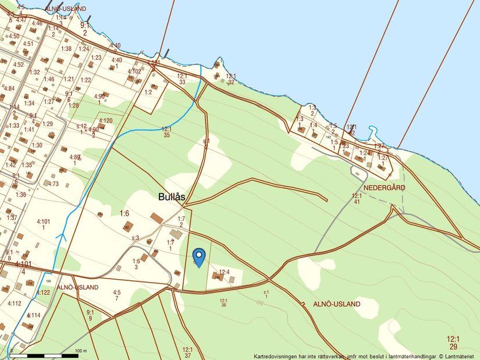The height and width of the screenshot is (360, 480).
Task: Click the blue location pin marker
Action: click(x=199, y=257)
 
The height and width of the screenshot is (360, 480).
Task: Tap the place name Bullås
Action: click(x=172, y=197)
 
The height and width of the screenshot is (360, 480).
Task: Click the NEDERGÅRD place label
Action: click(x=384, y=188)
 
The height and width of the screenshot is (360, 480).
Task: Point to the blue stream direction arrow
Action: click(x=61, y=236)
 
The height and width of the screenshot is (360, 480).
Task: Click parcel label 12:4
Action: click(x=225, y=272)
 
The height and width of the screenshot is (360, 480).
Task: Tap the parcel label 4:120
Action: click(x=105, y=121)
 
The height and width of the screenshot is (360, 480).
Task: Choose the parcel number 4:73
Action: click(x=54, y=184)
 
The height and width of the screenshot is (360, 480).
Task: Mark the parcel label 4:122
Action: click(x=44, y=293)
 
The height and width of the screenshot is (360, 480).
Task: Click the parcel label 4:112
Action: click(x=14, y=303)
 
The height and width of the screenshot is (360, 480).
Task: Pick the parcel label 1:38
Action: click(x=66, y=49)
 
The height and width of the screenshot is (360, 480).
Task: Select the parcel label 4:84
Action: click(x=9, y=88)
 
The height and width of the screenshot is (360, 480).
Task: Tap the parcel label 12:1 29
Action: click(x=453, y=342)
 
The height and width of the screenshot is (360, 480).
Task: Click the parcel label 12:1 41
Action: click(x=357, y=199)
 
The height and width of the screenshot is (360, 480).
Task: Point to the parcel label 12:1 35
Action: click(x=166, y=131)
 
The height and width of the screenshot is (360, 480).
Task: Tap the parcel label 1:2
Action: click(x=148, y=92)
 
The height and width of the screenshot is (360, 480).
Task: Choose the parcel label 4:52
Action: click(x=19, y=65)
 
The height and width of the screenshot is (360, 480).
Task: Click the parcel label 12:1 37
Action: click(x=187, y=352)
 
